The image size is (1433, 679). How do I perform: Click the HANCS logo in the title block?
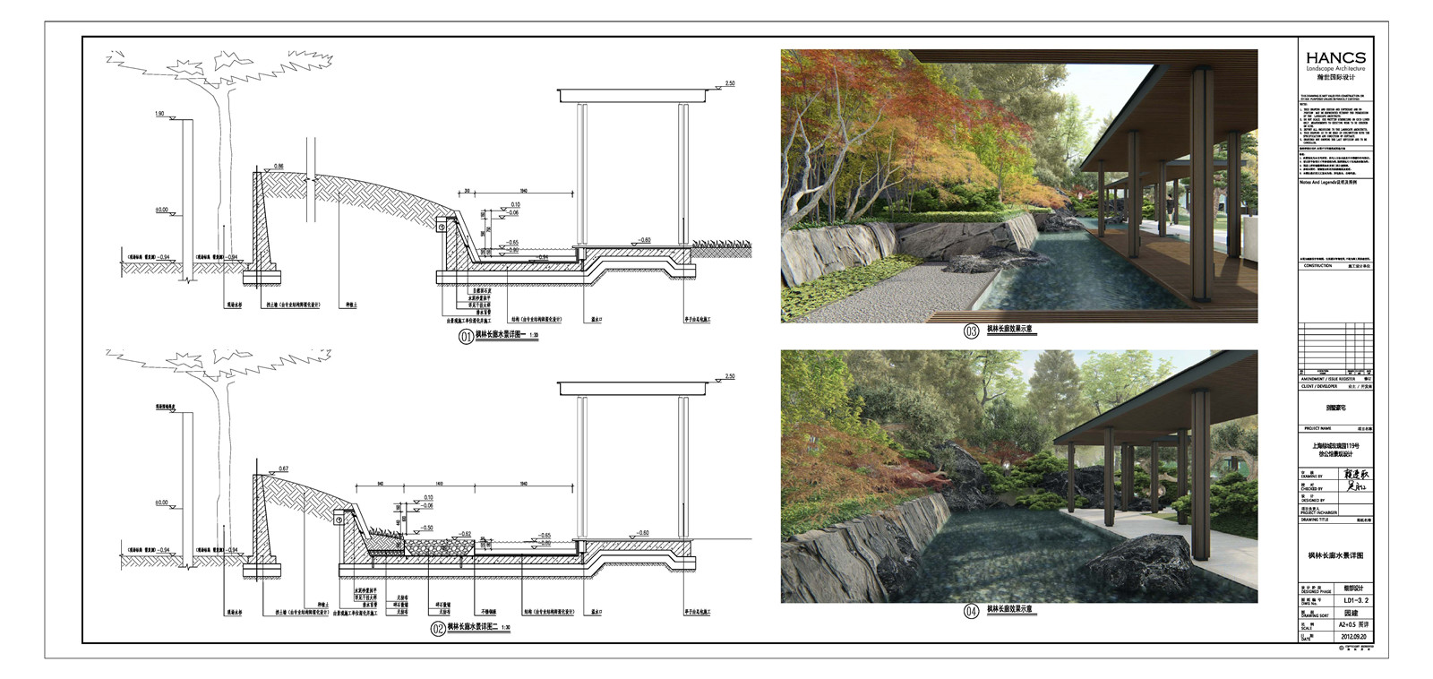1334,58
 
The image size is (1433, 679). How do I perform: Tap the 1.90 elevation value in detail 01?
159,115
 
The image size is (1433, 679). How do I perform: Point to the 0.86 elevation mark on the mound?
279,168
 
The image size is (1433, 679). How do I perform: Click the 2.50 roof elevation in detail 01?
729,84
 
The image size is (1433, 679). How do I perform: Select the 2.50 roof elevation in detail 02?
729,377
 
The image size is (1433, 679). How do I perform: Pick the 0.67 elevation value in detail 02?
283,468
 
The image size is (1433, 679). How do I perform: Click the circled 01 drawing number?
466,337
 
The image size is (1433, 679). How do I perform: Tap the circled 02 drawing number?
438,629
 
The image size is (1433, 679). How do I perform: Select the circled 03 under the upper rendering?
971,331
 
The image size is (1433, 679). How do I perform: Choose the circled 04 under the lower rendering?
971,612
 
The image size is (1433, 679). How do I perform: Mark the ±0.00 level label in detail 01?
161,210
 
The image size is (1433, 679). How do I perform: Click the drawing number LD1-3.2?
1354,602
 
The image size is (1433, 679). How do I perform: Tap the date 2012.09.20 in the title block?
1354,638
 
